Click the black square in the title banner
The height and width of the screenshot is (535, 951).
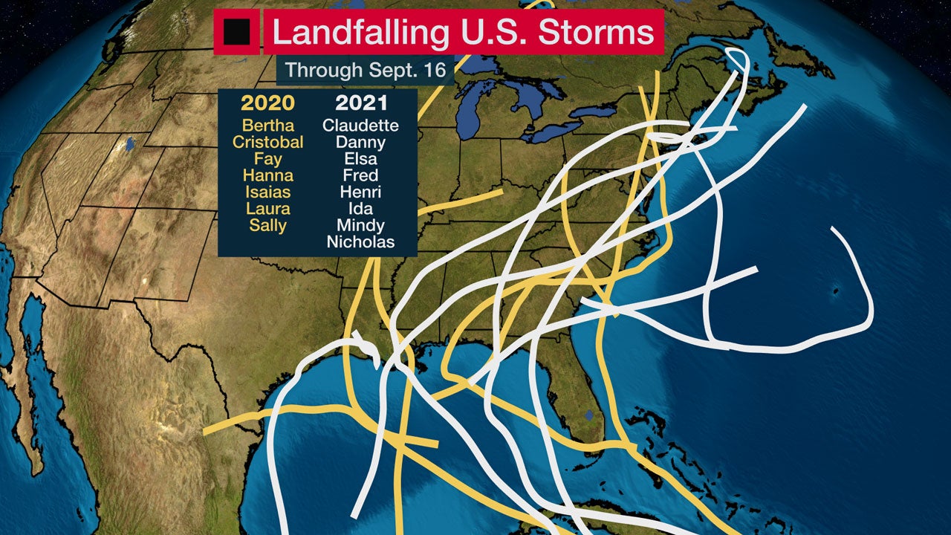(237, 32)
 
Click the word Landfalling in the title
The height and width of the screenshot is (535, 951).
(361, 32)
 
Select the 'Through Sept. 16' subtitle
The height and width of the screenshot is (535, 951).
(365, 71)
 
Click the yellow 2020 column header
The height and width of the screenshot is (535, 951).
(267, 103)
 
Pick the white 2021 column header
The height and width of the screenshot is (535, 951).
(360, 103)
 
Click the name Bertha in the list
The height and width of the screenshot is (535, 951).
(267, 126)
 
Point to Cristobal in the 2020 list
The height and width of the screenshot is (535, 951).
(267, 142)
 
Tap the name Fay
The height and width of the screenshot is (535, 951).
(267, 159)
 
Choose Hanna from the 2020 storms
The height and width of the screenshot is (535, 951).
(267, 176)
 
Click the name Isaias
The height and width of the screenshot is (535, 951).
(267, 192)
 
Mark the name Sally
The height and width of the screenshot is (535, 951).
(267, 226)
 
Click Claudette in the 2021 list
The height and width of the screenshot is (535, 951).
(360, 126)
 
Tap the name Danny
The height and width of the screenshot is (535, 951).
(360, 142)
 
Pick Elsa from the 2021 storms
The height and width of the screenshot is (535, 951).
(360, 159)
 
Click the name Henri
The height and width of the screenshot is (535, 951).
(360, 192)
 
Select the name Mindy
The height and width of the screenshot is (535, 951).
(360, 226)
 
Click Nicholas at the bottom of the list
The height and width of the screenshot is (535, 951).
(360, 242)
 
